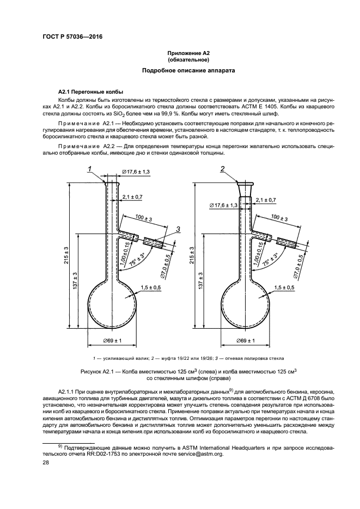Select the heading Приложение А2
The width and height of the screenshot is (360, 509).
click(x=188, y=53)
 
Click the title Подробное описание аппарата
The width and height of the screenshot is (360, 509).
click(x=188, y=71)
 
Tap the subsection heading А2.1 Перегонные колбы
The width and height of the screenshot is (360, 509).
click(x=90, y=91)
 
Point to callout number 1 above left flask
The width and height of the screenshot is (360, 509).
click(x=89, y=170)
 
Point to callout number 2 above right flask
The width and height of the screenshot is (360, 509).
click(x=222, y=170)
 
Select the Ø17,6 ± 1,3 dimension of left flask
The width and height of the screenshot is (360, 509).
click(x=136, y=171)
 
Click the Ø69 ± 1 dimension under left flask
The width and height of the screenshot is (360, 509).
click(x=112, y=341)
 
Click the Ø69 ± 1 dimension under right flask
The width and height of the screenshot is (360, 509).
click(x=247, y=341)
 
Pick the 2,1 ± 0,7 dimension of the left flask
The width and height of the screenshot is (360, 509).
click(x=133, y=196)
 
